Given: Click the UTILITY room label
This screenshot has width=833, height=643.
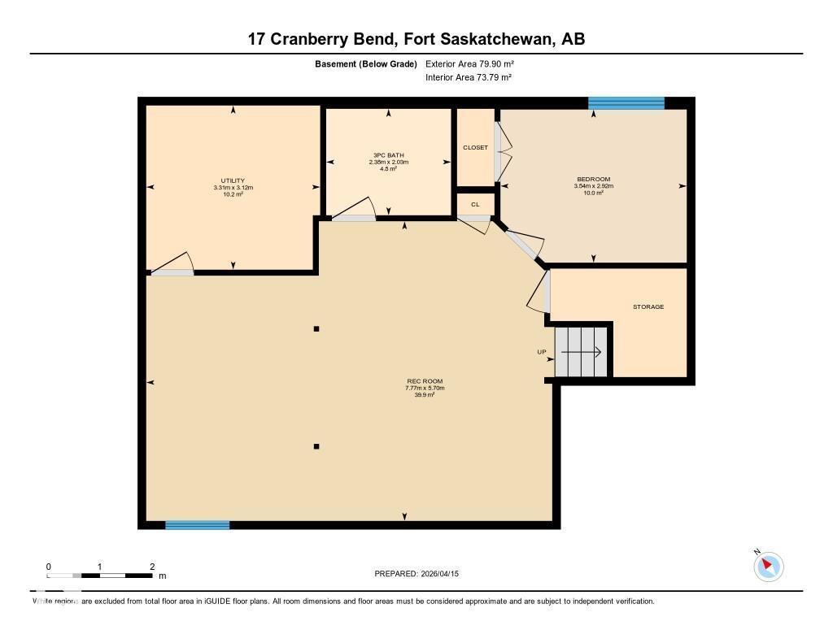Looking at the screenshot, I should click(233, 180).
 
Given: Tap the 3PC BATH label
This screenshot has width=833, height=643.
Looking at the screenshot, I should click(388, 155).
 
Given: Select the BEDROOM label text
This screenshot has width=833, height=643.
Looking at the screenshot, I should click(593, 179).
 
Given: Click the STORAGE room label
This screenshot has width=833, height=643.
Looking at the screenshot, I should click(648, 306).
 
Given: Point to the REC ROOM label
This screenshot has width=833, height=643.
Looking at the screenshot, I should click(425, 381).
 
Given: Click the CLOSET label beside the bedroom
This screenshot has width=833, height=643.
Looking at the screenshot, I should click(475, 148).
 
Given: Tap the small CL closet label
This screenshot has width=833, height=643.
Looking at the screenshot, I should click(475, 204).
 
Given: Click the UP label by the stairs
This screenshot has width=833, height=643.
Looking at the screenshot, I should click(541, 352).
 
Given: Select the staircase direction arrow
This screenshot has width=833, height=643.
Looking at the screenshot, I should click(581, 352).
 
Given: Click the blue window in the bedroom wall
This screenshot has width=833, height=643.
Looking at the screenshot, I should click(626, 102).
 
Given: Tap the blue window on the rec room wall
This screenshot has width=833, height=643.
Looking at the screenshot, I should click(197, 525).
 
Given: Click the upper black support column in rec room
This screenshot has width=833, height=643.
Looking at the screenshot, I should click(316, 328).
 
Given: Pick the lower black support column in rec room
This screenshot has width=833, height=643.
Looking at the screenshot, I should click(316, 445).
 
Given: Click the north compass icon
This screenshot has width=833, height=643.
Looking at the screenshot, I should click(768, 566).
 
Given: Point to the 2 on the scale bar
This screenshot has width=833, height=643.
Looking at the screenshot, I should click(152, 567).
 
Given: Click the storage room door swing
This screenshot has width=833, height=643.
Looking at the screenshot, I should click(539, 293).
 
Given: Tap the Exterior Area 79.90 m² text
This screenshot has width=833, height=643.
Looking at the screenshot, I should click(469, 63).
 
